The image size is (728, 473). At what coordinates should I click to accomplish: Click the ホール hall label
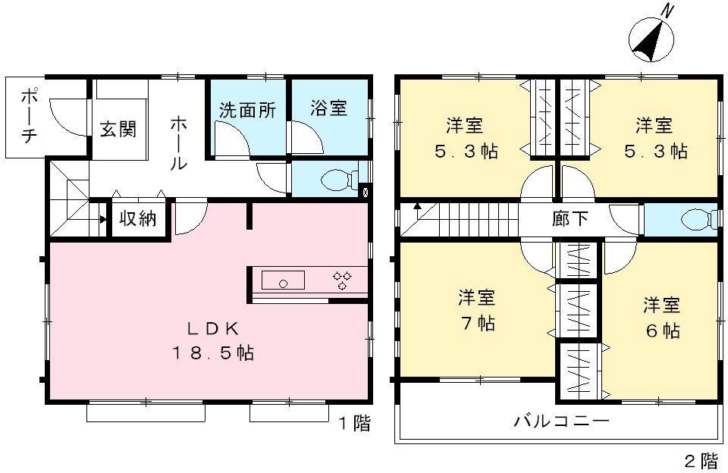tap(177, 142)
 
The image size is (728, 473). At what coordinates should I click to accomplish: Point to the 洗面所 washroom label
tap(247, 109)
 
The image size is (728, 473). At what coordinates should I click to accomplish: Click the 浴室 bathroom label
tap(328, 108)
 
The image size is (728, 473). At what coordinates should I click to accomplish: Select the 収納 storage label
tap(138, 219)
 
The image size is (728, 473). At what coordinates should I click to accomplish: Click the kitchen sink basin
tap(284, 280)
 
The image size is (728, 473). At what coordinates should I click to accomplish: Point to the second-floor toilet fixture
tap(695, 220)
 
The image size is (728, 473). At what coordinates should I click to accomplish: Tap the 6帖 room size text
tap(661, 330)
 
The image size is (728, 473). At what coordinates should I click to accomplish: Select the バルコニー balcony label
tap(561, 421)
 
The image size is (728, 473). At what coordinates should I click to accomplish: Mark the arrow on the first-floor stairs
tap(100, 220)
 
